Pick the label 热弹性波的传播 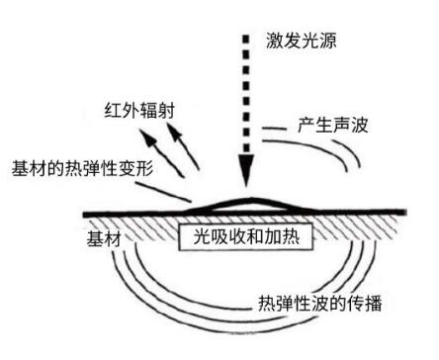[x=312, y=303]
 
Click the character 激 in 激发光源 [x=273, y=41]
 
